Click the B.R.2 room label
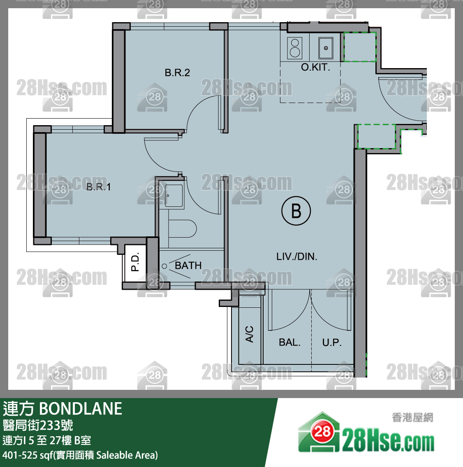pos(177,73)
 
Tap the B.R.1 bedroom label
pos(99,187)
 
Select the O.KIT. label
pos(315,67)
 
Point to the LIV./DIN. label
pos(297,256)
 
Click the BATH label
pos(188,266)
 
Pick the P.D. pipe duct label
pos(135,262)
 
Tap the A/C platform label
pos(249,334)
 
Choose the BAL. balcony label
pos(289,342)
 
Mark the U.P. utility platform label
pos(332,342)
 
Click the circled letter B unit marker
pos(296,211)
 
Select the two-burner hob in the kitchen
pos(295,48)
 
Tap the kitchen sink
pos(325,48)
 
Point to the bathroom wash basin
pos(174,195)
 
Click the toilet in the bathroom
pos(182,229)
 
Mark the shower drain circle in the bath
pos(164,266)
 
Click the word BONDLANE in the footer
pos(81,409)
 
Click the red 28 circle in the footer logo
pos(322,431)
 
